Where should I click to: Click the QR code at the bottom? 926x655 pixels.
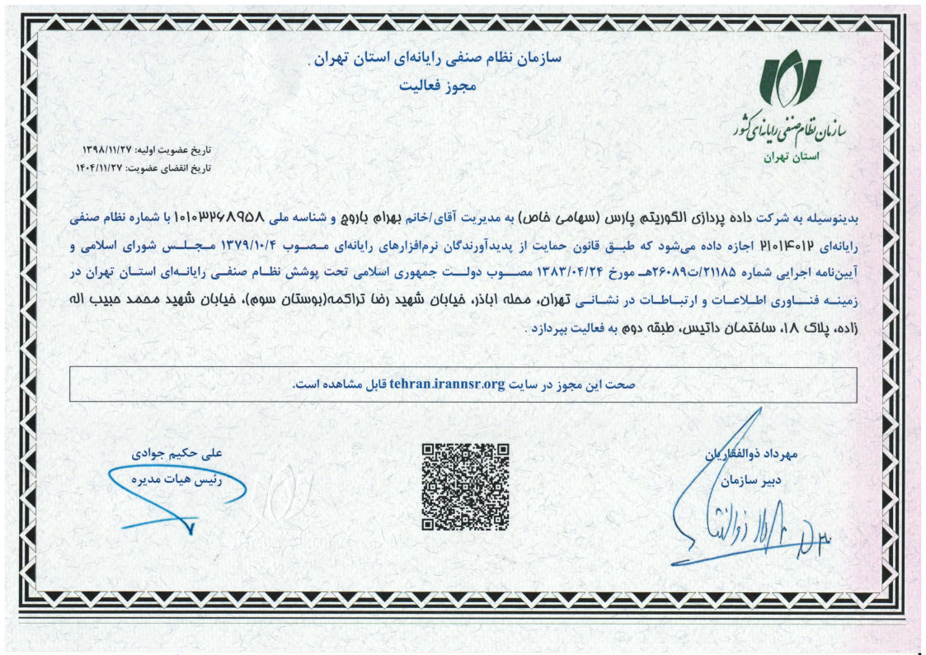coord(464,487)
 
